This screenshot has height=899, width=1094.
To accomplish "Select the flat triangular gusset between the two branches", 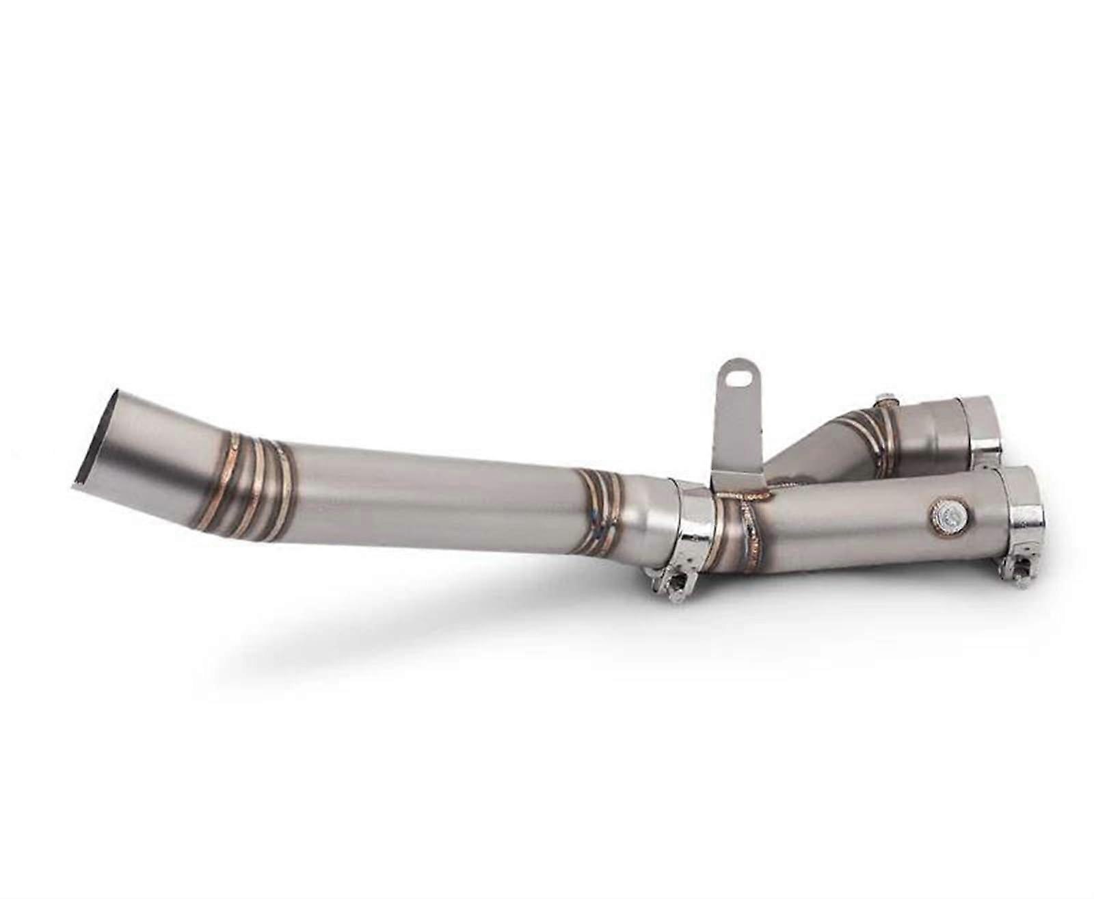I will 807,452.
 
